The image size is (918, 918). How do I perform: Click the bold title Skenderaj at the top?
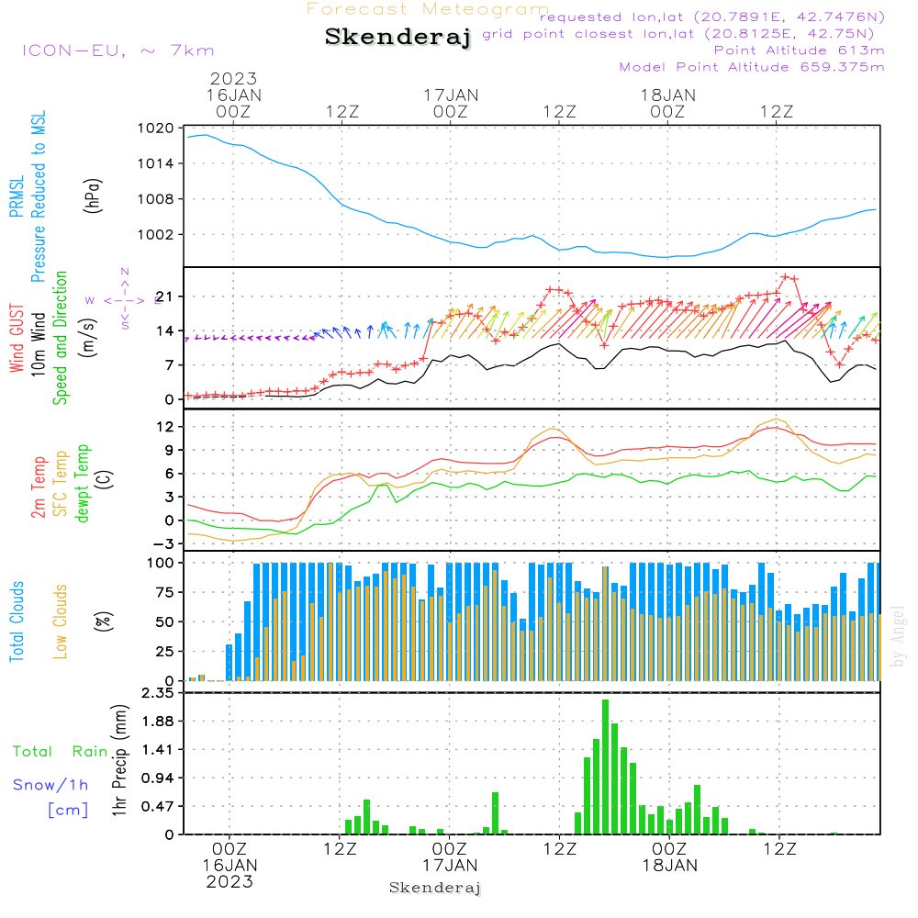tap(397, 38)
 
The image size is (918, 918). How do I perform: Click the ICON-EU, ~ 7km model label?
tap(117, 50)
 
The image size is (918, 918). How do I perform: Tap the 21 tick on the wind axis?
tap(163, 297)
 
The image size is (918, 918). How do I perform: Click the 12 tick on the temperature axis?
tap(163, 427)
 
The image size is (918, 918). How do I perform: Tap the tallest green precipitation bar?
tap(606, 767)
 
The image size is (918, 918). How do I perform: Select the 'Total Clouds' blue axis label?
tap(17, 621)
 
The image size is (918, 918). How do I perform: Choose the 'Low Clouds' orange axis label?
tap(61, 621)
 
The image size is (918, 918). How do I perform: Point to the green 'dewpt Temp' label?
tap(83, 484)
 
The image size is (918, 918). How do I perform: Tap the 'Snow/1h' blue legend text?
tap(51, 785)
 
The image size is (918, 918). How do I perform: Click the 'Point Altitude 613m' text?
tap(799, 50)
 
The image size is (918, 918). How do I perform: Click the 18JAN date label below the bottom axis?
tap(669, 866)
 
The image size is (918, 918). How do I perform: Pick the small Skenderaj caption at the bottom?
tap(435, 888)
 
